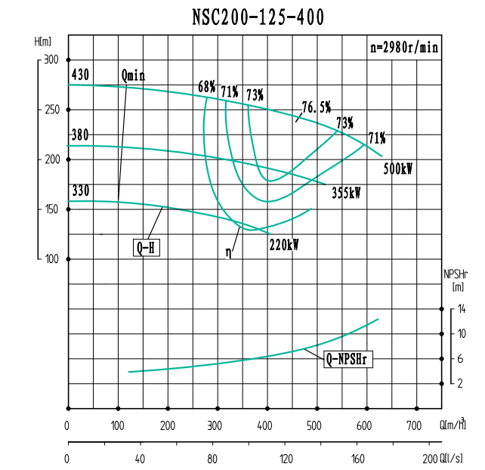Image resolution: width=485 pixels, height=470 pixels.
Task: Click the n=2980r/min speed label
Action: coord(405,47)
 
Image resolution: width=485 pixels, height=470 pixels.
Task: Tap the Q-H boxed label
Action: coord(147,247)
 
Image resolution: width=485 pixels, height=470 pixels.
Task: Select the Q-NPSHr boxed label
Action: coord(349,360)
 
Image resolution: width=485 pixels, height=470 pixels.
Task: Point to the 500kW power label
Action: coord(398,169)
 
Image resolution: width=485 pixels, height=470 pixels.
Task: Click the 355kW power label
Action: coord(346,193)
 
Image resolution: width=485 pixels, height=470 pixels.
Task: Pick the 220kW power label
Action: coord(284,244)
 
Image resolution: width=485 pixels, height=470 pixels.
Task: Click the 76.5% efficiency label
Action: coord(316,107)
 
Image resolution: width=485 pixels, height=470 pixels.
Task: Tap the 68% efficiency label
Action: coord(207,88)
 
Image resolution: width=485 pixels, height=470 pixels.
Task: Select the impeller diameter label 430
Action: coord(79,75)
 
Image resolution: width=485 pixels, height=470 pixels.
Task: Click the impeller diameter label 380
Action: coord(79,136)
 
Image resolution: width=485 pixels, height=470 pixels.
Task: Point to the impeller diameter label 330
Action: coord(79,190)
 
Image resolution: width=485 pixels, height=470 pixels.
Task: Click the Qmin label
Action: coord(133,76)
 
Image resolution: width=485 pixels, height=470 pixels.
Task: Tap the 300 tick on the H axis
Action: coord(51,59)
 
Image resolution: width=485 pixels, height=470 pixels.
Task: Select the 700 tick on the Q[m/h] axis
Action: coord(414,426)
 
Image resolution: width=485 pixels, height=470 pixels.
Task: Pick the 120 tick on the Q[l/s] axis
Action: coord(286,459)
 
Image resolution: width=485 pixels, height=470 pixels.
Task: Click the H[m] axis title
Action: coord(42,41)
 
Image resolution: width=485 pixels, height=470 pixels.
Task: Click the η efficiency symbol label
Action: coord(228,252)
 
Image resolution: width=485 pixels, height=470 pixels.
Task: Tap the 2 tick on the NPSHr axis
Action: coord(460,383)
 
